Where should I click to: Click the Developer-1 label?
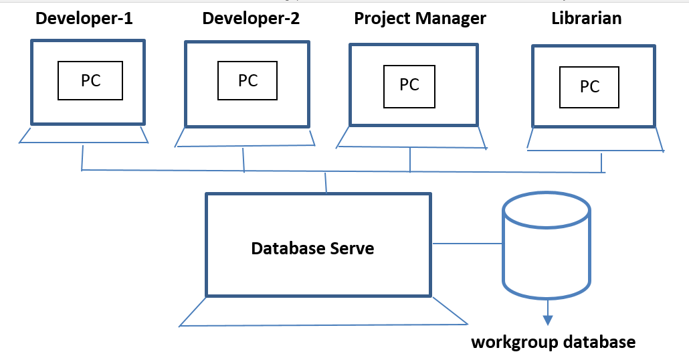click(x=84, y=18)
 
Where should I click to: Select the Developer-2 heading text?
click(x=251, y=18)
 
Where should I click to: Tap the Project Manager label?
click(x=420, y=18)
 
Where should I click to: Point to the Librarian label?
click(x=586, y=18)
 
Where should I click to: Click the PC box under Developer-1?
click(x=90, y=80)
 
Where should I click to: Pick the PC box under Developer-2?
click(x=248, y=80)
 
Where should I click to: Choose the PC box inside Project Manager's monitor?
click(x=409, y=84)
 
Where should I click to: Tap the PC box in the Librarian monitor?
click(x=589, y=86)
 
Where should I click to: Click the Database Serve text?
click(x=312, y=249)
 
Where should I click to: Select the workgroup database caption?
click(x=553, y=343)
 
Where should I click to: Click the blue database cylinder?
click(x=547, y=254)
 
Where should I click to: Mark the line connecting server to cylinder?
click(x=467, y=243)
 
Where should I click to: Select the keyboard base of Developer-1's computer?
click(x=84, y=135)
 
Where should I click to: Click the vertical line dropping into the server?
click(x=326, y=183)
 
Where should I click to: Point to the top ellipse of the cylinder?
click(x=547, y=208)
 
